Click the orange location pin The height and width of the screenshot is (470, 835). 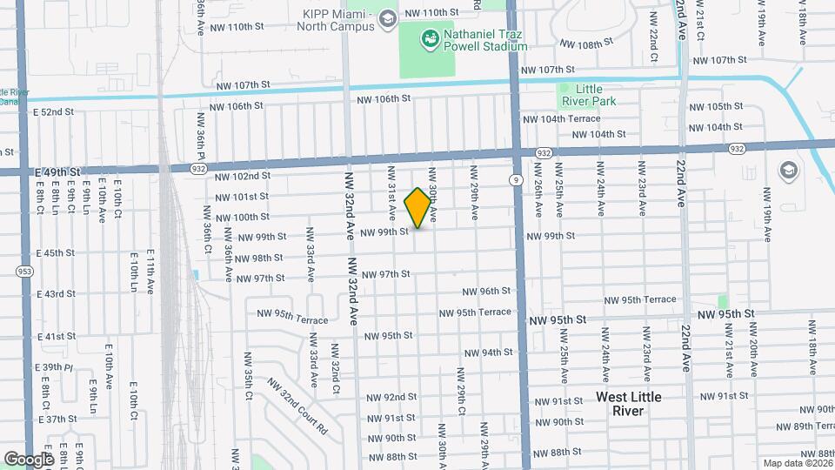click(417, 208)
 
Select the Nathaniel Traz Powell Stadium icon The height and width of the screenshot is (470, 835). click(429, 38)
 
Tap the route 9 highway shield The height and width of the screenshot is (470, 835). click(517, 180)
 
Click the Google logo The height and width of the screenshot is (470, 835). click(28, 459)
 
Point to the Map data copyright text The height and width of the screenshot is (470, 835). click(797, 463)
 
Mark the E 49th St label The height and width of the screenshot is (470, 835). click(57, 172)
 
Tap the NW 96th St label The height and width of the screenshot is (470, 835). click(486, 292)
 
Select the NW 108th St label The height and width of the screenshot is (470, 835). click(581, 44)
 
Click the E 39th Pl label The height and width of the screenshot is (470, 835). click(54, 367)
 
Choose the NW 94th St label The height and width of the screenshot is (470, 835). click(488, 352)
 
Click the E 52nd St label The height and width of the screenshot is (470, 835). click(54, 112)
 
